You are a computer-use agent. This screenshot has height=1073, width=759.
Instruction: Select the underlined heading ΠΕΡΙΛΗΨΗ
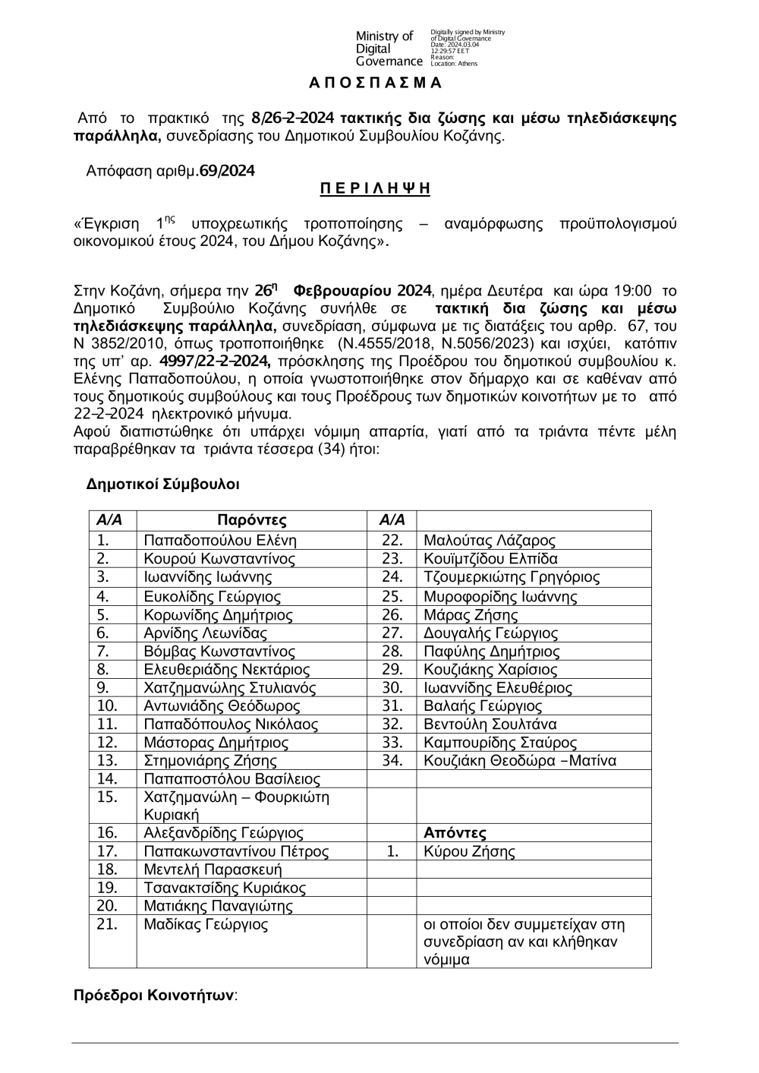[375, 188]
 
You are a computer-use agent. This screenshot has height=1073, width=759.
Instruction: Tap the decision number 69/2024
[226, 171]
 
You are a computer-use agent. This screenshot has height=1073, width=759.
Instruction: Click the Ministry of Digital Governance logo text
[389, 49]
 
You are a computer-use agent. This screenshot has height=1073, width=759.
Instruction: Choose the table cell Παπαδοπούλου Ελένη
[220, 541]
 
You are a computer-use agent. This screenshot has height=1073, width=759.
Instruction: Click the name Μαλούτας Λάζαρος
[490, 541]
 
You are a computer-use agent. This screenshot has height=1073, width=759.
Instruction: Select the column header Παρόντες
[251, 520]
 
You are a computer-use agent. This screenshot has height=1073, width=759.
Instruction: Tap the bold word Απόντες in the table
[455, 833]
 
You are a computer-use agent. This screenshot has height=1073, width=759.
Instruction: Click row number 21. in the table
[107, 924]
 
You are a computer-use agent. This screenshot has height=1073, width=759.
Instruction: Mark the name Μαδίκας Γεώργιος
[206, 924]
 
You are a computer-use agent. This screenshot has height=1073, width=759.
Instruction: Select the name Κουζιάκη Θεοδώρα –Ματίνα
[520, 760]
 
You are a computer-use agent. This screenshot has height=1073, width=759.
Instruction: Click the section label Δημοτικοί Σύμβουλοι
[163, 483]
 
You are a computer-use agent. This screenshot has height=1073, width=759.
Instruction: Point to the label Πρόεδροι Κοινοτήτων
[156, 996]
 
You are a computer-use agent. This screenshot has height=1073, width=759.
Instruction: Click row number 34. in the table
[392, 760]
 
